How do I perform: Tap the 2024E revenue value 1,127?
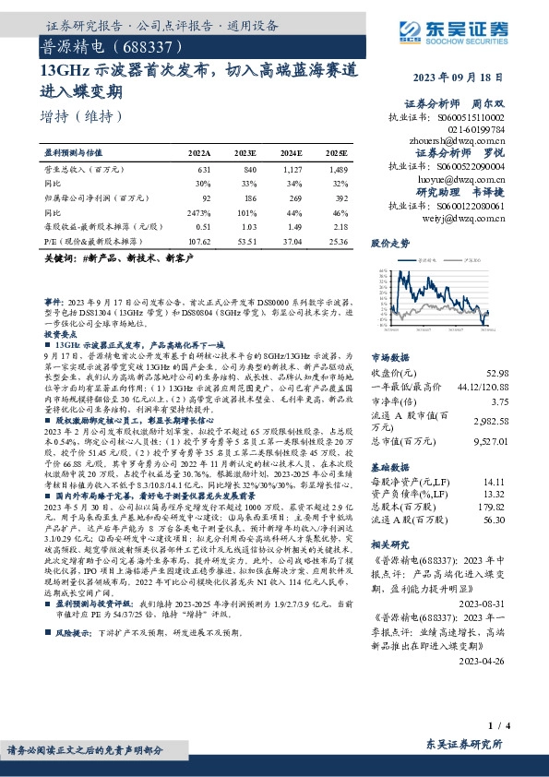coord(292,170)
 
